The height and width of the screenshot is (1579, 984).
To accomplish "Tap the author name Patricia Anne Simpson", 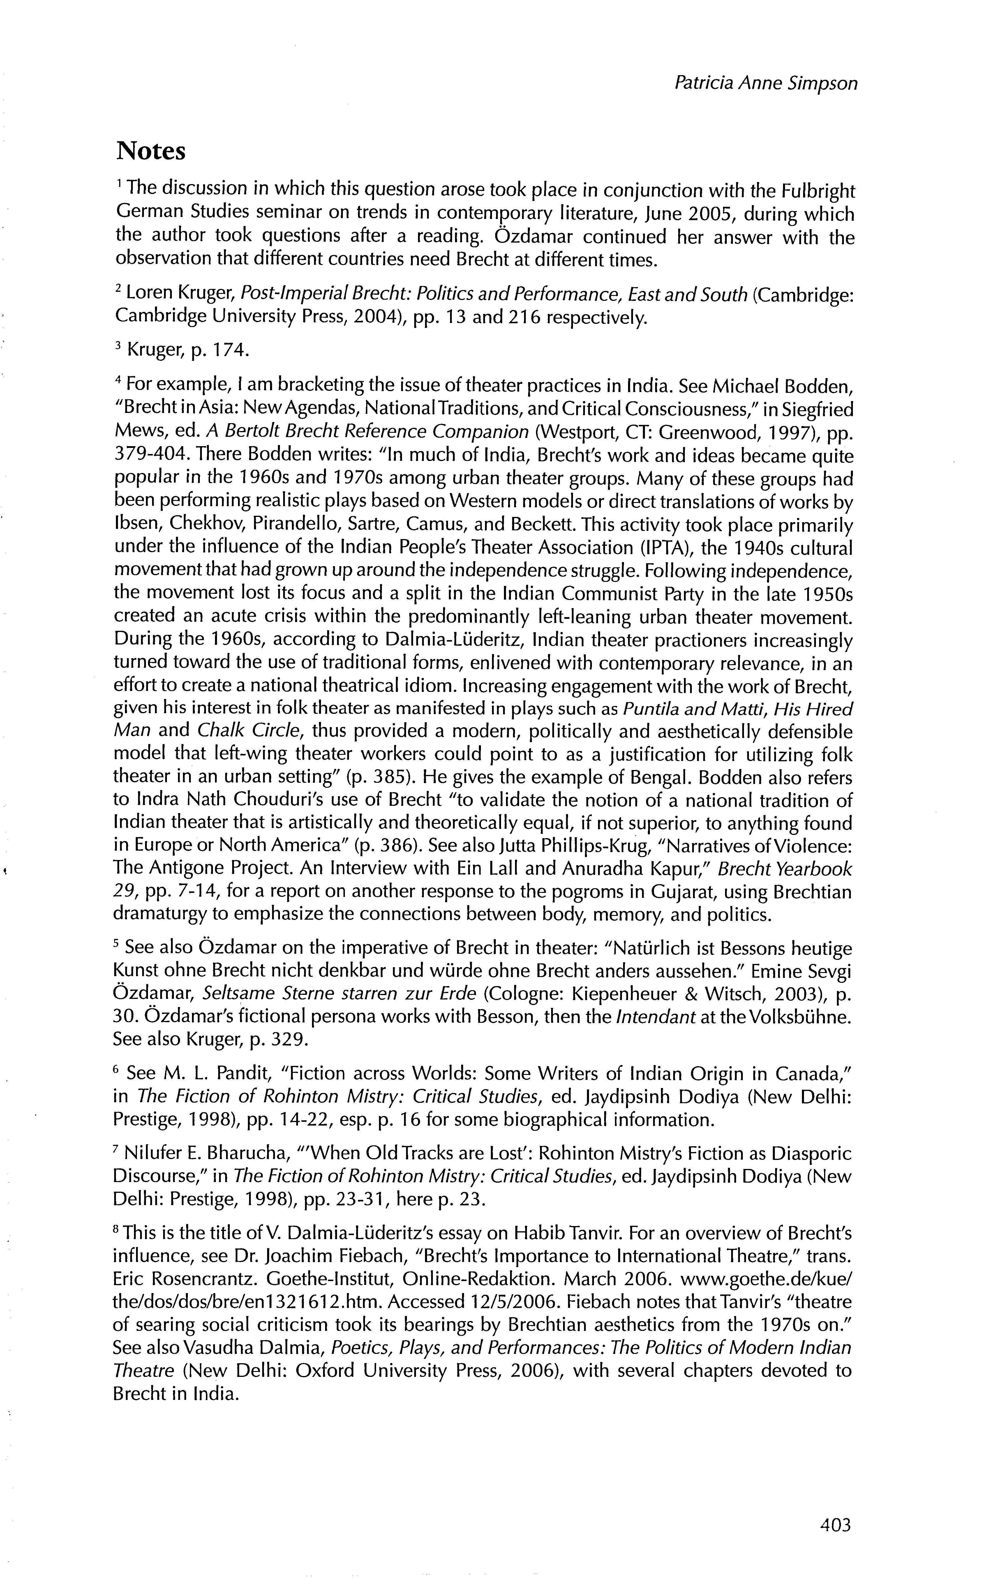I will point(766,83).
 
